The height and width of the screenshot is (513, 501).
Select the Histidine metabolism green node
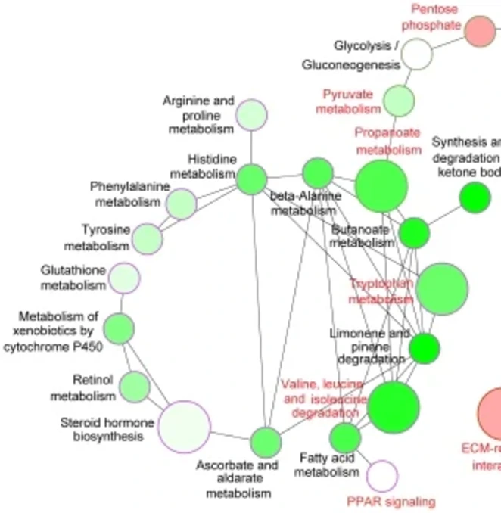(x=251, y=179)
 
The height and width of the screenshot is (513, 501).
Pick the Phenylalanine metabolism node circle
(x=181, y=204)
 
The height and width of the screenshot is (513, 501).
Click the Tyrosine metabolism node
(x=148, y=238)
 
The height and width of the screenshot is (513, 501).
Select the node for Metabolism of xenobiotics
(x=119, y=328)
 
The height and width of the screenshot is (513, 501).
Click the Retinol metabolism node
(x=135, y=387)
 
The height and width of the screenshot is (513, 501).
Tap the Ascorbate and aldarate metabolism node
(x=265, y=442)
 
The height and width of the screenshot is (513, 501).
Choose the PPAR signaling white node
(x=381, y=476)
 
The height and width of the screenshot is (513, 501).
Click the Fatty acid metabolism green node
(x=345, y=437)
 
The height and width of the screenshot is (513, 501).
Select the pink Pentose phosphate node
(x=479, y=31)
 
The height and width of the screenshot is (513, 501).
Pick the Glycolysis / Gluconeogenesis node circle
(x=416, y=54)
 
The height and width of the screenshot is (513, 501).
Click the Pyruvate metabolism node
(x=399, y=100)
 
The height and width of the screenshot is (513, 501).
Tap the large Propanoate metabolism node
(x=381, y=186)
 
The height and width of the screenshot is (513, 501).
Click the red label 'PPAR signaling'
(x=391, y=501)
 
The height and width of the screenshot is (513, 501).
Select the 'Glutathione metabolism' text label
(x=73, y=278)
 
